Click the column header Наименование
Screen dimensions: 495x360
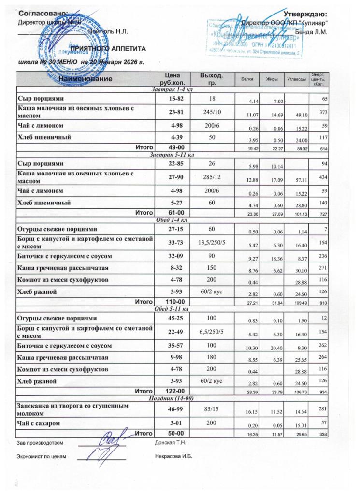86,78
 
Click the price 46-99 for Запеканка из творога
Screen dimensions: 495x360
172,408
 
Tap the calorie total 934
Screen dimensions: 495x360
323,393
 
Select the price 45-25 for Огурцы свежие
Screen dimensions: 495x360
172,319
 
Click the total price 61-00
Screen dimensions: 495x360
172,212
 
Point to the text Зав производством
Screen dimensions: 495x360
41,442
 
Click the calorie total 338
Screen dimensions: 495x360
323,435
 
